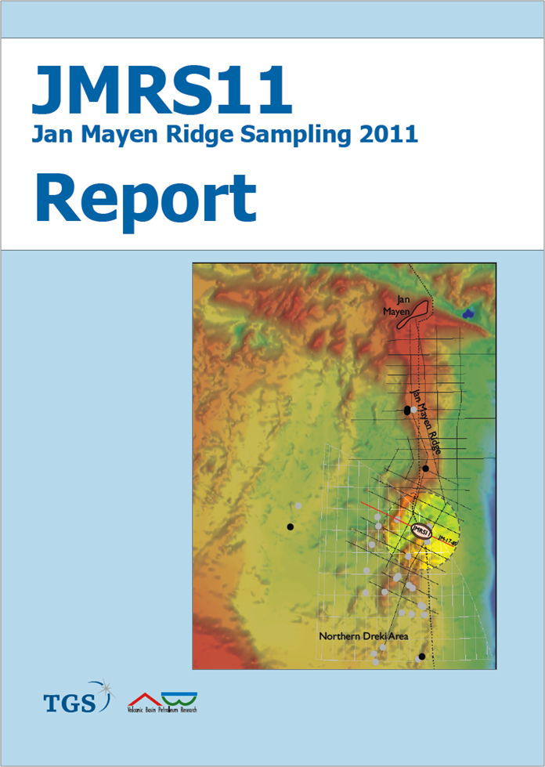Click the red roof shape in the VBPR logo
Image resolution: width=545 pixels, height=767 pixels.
point(143,698)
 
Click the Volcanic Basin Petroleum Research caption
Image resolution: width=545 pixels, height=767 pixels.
point(162,710)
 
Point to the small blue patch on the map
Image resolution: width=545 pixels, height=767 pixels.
point(468,313)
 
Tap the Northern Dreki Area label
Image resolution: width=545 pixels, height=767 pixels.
point(363,636)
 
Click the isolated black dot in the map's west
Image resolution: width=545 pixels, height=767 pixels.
point(290,526)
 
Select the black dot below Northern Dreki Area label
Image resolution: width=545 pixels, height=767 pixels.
point(421,657)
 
